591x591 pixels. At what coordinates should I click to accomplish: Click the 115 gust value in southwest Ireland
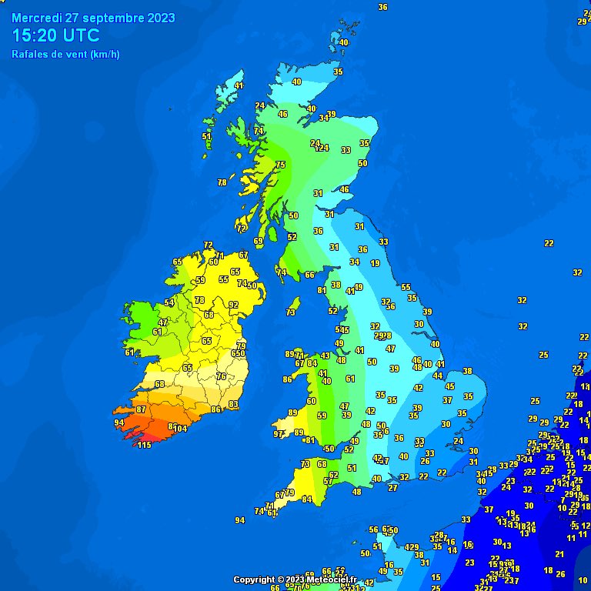pos(144,446)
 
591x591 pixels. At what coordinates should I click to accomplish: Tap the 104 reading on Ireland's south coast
pos(180,429)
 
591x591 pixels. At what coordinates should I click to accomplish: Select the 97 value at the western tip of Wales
pos(279,434)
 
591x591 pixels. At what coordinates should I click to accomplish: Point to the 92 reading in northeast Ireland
pos(233,305)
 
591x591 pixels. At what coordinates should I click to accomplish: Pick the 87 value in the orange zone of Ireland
pos(141,409)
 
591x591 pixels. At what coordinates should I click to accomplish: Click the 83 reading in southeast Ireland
pos(233,404)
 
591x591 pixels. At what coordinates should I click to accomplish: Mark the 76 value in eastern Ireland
pos(221,376)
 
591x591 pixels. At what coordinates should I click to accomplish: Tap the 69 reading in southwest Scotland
pos(259,242)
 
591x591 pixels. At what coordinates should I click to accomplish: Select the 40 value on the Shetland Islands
pos(343,42)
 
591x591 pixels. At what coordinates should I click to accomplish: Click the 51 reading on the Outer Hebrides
pos(206,136)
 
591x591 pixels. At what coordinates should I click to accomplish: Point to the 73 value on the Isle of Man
pos(290,312)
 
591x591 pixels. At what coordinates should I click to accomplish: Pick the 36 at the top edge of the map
pos(382,7)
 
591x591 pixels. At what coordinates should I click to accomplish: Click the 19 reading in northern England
pos(375,263)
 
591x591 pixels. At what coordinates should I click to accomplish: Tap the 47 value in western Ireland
pos(163,322)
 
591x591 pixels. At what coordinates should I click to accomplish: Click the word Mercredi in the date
pos(38,18)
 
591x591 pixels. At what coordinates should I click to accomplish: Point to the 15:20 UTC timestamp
pos(55,35)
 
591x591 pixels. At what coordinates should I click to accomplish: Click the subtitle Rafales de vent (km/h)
pos(65,54)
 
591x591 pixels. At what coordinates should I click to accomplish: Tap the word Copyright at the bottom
pos(253,579)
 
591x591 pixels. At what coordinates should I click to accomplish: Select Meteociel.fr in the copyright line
pos(330,579)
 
